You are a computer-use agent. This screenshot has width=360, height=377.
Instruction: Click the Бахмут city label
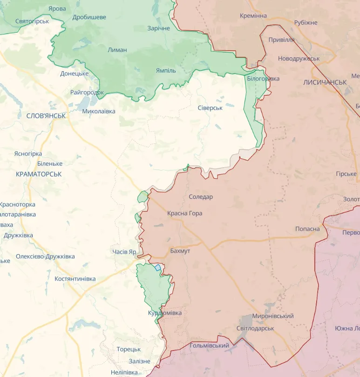pyautogui.click(x=180, y=251)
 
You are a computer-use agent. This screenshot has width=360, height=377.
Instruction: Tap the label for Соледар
pyautogui.click(x=201, y=197)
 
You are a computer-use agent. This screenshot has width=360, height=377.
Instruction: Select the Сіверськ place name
pyautogui.click(x=210, y=108)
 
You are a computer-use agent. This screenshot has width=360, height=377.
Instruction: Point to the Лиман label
pyautogui.click(x=117, y=50)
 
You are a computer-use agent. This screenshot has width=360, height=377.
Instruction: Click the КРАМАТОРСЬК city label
pyautogui.click(x=39, y=174)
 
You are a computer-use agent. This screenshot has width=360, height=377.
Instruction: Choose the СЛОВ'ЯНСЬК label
pyautogui.click(x=46, y=116)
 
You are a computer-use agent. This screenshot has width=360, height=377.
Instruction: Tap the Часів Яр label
pyautogui.click(x=124, y=252)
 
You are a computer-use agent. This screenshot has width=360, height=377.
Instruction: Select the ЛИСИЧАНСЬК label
pyautogui.click(x=325, y=82)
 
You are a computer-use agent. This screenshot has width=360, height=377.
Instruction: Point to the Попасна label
pyautogui.click(x=307, y=229)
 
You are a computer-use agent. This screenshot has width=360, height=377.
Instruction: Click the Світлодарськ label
pyautogui.click(x=255, y=328)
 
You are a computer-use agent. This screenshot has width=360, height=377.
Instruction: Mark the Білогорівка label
pyautogui.click(x=263, y=79)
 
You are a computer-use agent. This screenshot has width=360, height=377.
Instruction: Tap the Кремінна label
pyautogui.click(x=253, y=16)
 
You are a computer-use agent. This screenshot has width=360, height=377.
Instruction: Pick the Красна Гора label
pyautogui.click(x=185, y=213)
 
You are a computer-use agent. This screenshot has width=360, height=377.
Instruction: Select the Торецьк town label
pyautogui.click(x=129, y=349)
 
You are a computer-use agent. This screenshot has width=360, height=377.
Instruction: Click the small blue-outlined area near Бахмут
pyautogui.click(x=158, y=267)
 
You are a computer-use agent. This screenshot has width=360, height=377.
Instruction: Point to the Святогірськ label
pyautogui.click(x=32, y=21)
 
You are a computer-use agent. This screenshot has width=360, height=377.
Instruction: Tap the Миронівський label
pyautogui.click(x=273, y=316)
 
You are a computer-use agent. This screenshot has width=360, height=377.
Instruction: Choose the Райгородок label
pyautogui.click(x=87, y=92)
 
